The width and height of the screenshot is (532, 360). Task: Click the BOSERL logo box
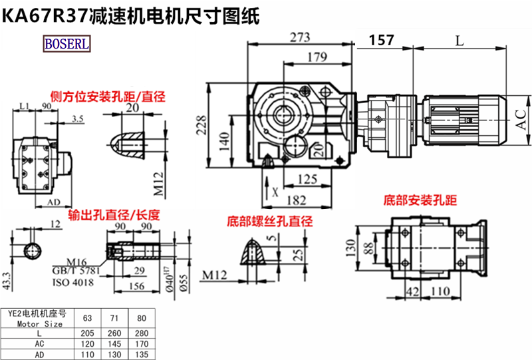(68, 44)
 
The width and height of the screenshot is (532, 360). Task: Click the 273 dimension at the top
(301, 38)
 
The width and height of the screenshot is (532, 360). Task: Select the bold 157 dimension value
(381, 41)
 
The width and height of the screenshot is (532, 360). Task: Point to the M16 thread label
(78, 262)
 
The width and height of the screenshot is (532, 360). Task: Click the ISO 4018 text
(72, 282)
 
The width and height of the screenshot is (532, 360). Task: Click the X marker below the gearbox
(275, 192)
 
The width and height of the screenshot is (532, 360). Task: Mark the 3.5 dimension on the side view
(78, 118)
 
